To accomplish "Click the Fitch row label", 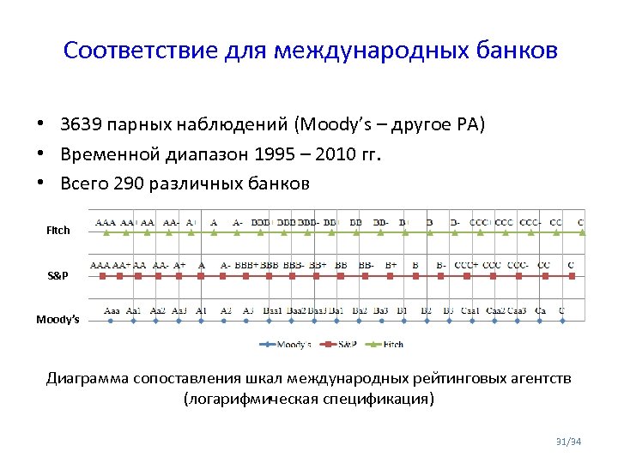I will tap(58, 231).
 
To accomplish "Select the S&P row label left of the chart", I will tap(58, 275).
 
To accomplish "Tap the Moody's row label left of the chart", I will tap(58, 320).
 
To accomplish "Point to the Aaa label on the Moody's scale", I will tap(112, 310).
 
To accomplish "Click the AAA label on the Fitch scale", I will tap(106, 222).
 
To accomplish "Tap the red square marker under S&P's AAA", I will tap(102, 275).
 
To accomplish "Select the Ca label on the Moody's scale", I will tap(540, 310).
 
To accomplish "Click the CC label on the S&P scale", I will tap(543, 266).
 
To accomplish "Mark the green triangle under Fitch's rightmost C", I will tap(581, 231).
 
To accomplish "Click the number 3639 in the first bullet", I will tap(79, 126).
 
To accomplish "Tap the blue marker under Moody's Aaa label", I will tap(112, 321).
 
